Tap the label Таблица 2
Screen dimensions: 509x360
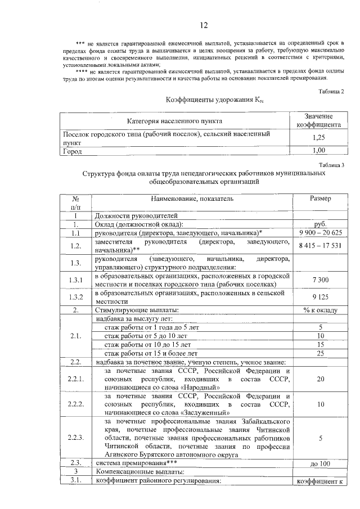pyautogui.click(x=331, y=91)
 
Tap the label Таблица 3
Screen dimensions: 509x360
pyautogui.click(x=331, y=165)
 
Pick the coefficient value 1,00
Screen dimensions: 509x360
pyautogui.click(x=318, y=151)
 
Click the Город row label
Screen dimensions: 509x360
pyautogui.click(x=72, y=151)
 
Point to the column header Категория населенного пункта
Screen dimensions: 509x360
pyautogui.click(x=174, y=120)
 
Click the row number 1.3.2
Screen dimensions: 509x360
pyautogui.click(x=75, y=297)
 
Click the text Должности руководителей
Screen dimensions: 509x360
pyautogui.click(x=137, y=215)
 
